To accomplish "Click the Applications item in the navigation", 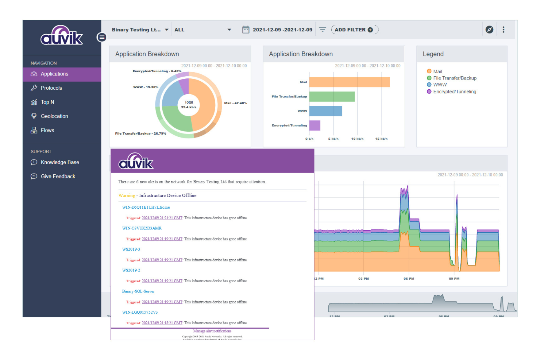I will [x=54, y=74].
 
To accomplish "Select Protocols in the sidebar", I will [x=51, y=88].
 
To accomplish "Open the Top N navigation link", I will [x=47, y=102].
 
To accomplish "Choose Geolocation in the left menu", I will [x=54, y=116].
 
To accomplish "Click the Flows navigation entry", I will [x=47, y=130].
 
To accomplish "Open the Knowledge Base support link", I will [x=60, y=162].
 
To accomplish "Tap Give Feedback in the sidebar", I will [x=58, y=177].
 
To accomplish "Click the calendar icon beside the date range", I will [x=246, y=30].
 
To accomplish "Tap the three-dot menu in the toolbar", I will [x=504, y=30].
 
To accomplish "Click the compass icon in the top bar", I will [x=489, y=30].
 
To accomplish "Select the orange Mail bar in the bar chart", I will [x=349, y=82].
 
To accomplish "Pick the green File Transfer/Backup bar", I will [x=332, y=97].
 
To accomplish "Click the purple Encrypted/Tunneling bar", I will [x=315, y=125].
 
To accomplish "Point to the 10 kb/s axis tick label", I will [x=357, y=139].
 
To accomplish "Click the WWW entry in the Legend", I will [x=440, y=85].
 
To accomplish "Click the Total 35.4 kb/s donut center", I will [x=189, y=105].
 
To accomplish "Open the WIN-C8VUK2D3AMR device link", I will [x=142, y=228].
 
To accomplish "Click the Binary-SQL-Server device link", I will [x=138, y=291].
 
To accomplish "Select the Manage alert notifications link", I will [x=212, y=331].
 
